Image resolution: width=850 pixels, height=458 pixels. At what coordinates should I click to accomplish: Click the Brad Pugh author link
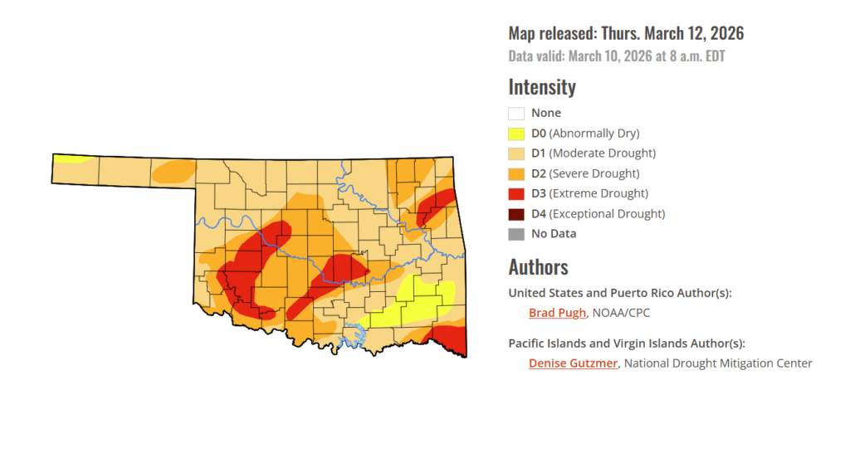pyautogui.click(x=558, y=313)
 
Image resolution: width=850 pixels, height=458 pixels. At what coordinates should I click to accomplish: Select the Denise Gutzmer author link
pyautogui.click(x=573, y=363)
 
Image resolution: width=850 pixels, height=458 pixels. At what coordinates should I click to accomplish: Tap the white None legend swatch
pyautogui.click(x=516, y=113)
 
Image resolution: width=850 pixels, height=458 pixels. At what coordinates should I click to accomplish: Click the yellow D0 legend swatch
pyautogui.click(x=516, y=133)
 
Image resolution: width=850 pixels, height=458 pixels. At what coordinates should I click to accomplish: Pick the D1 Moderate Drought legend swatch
pyautogui.click(x=516, y=153)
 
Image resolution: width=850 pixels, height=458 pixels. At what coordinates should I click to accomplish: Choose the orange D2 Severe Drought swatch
pyautogui.click(x=516, y=173)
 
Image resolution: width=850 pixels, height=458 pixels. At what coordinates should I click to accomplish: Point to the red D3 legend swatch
pyautogui.click(x=516, y=193)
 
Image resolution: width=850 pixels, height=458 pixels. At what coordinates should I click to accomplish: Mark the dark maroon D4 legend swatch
pyautogui.click(x=516, y=213)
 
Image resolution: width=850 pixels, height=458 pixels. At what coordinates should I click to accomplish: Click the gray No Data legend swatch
pyautogui.click(x=516, y=234)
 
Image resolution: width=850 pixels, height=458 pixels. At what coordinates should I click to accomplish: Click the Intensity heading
pyautogui.click(x=541, y=86)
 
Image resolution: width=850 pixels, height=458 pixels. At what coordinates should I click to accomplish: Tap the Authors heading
pyautogui.click(x=538, y=267)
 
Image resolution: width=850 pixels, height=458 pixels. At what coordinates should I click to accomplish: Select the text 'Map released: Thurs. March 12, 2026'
pyautogui.click(x=626, y=34)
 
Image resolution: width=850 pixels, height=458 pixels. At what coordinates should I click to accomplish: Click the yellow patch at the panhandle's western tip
pyautogui.click(x=70, y=158)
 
